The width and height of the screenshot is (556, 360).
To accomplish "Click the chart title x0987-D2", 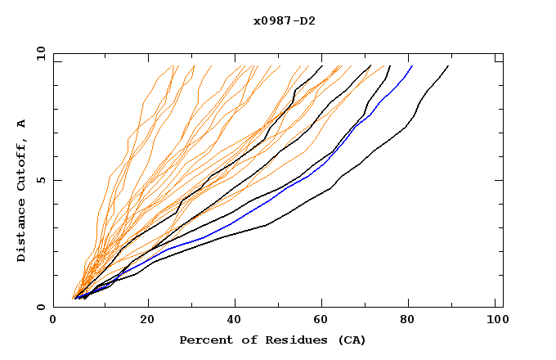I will click(285, 20).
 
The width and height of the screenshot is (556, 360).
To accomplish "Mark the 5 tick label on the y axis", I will click(40, 180).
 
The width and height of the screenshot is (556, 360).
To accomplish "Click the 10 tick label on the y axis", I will click(37, 53).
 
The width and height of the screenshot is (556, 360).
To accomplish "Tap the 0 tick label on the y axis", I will click(40, 307).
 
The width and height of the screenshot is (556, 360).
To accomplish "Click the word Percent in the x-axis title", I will click(205, 340).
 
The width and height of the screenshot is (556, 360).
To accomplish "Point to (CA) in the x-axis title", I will click(350, 340).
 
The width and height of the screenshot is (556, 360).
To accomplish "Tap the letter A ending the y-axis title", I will click(22, 124).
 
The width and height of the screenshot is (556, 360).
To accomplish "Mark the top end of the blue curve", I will click(412, 65).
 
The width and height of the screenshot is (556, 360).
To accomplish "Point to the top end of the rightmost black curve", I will click(448, 65).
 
